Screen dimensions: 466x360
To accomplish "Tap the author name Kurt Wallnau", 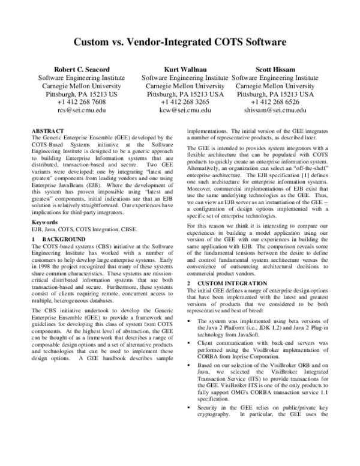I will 185,70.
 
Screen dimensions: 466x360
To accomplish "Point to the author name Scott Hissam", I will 275,70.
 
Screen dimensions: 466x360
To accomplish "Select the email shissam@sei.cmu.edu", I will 275,110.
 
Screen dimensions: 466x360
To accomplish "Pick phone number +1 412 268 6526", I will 275,103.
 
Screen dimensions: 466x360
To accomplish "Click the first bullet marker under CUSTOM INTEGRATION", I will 191,322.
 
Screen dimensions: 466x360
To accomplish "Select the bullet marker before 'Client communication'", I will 191,342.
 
